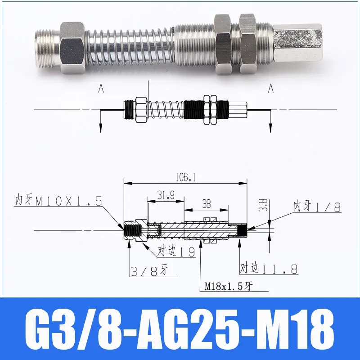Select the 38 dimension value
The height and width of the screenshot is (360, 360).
[x=207, y=203]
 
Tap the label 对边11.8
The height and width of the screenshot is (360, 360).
[x=268, y=269]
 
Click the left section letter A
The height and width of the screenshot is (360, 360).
[x=101, y=89]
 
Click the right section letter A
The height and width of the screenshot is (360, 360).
[x=270, y=89]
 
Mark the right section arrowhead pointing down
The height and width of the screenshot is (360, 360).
[x=270, y=127]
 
